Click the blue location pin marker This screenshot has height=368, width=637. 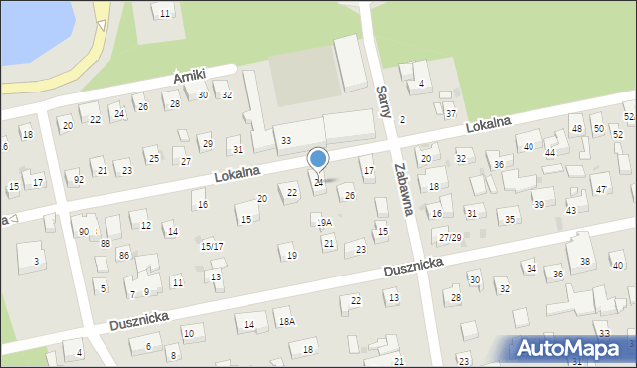pos(318,160)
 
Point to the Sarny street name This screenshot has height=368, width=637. pos(383,102)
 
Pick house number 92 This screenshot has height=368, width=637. pos(79,180)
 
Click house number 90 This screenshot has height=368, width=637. pos(84,231)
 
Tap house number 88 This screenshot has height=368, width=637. pos(105,243)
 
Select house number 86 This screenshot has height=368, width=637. pos(123,256)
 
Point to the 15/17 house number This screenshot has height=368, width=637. pos(212,246)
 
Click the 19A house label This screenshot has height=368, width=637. pos(324,223)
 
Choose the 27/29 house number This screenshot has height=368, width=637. pos(450,237)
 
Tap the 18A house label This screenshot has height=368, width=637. pos(287,321)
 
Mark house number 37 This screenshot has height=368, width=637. pos(450,115)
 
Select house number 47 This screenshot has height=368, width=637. pos(600,189)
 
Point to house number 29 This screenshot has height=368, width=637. pos(207,144)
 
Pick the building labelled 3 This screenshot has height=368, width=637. pos(36,261)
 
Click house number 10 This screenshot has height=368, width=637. pos(188,333)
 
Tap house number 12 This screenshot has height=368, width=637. pos(146,226)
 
